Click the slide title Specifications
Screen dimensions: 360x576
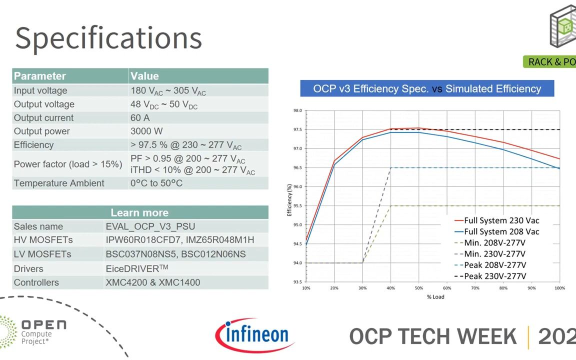click(108, 38)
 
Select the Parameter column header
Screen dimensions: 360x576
click(40, 76)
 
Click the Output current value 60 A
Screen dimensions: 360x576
click(140, 118)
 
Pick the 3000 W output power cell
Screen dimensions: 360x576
click(146, 131)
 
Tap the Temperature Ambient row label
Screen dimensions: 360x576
click(59, 183)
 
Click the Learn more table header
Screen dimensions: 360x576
click(139, 212)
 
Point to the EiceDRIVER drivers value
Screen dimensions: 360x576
click(136, 268)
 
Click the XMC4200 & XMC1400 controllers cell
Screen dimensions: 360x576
click(152, 282)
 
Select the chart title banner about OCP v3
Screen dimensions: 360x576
click(427, 89)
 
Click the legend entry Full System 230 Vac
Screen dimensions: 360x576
click(501, 220)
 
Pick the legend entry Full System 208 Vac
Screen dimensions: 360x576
click(501, 231)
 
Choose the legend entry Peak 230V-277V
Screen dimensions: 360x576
click(495, 276)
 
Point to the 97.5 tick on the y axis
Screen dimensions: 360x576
click(297, 129)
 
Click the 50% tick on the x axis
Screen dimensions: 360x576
click(418, 288)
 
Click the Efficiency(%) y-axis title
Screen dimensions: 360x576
click(289, 200)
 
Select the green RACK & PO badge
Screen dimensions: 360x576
click(551, 61)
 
